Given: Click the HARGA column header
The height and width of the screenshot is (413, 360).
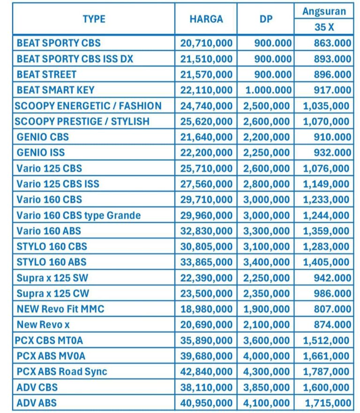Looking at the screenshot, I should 206,19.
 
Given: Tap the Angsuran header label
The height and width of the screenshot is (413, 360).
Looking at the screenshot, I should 324,11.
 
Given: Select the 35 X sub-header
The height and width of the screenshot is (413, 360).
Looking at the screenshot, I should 324,27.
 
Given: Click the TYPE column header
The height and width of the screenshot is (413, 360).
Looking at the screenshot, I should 94,19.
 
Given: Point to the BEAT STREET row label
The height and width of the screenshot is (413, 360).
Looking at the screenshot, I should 46,74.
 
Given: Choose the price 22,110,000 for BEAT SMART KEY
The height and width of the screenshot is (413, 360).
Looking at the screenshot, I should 206,90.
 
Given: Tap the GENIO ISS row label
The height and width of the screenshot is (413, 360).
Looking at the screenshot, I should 41,152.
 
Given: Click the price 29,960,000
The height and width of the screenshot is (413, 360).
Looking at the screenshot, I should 206,215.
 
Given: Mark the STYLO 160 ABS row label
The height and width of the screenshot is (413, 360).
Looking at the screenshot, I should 52,262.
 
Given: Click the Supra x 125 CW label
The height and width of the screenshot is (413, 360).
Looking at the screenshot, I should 53,294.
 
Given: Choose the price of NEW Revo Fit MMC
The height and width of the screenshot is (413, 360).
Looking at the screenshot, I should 206,309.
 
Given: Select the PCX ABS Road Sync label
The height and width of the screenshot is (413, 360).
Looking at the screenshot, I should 62,372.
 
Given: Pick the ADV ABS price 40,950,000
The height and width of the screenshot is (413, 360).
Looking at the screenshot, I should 206,403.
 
